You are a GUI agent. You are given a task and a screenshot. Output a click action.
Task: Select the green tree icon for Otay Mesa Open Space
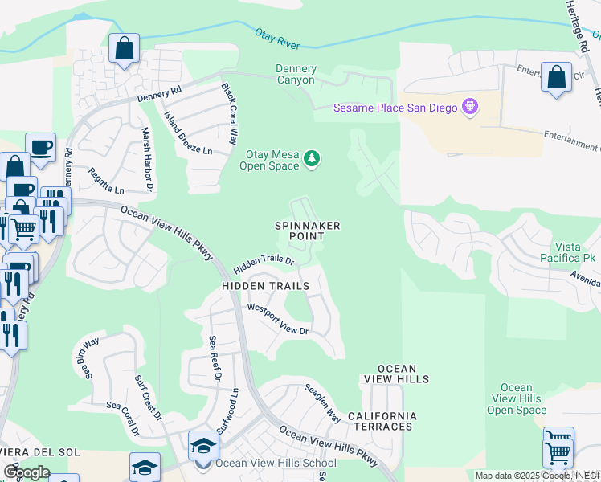[x=312, y=161]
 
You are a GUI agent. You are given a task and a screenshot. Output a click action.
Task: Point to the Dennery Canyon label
[x=296, y=75]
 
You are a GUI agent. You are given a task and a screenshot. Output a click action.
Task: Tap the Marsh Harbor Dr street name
[x=147, y=160]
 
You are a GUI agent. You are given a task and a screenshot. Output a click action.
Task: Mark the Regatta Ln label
[x=107, y=186]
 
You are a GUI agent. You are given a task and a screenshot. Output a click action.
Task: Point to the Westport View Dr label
[x=278, y=319]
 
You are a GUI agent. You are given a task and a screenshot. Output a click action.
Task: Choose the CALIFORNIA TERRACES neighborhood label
[x=382, y=421]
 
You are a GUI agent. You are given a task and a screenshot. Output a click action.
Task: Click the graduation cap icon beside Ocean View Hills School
[x=203, y=445]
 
